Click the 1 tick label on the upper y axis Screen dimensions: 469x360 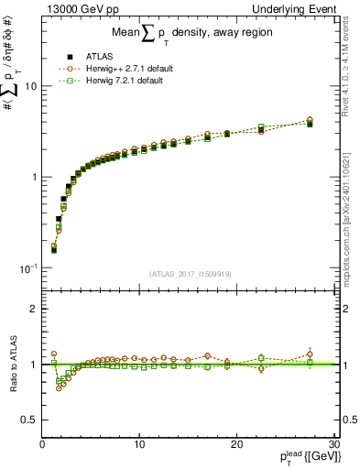click(x=33, y=177)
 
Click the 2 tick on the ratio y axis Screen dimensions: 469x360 click(x=33, y=309)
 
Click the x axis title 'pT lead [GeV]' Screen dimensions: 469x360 click(x=302, y=457)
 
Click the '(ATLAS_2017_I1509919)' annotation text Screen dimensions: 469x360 click(x=189, y=273)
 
